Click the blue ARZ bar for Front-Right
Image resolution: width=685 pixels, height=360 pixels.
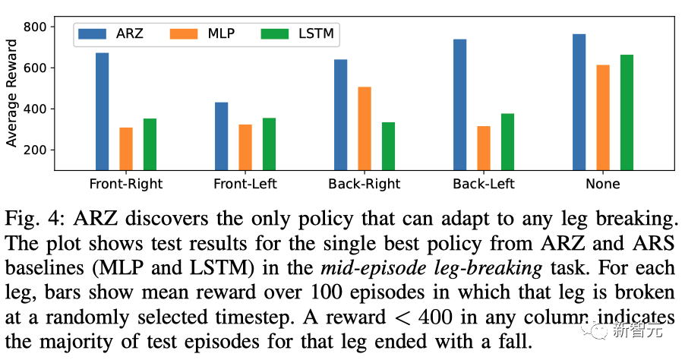click(103, 112)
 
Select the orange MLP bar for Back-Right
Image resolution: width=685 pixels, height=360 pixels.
click(365, 128)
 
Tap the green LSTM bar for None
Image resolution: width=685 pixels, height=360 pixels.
click(627, 112)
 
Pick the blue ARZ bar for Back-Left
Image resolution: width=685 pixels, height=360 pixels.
click(459, 104)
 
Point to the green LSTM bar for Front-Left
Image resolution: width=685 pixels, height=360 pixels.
click(269, 144)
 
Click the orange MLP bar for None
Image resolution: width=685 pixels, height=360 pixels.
click(603, 118)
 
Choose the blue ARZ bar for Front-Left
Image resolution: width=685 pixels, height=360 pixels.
click(222, 136)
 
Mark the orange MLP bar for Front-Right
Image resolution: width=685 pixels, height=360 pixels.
click(126, 149)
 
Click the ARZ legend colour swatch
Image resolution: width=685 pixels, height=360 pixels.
click(92, 33)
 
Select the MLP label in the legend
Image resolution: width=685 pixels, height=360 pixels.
click(221, 33)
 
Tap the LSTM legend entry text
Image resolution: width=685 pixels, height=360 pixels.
click(316, 33)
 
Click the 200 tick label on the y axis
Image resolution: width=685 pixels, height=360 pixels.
click(34, 150)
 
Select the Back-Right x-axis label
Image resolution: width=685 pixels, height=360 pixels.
click(365, 184)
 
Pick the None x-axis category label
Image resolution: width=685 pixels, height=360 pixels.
click(603, 184)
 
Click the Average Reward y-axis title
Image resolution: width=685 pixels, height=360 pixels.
click(11, 93)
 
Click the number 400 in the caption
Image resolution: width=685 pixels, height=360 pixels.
click(435, 317)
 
